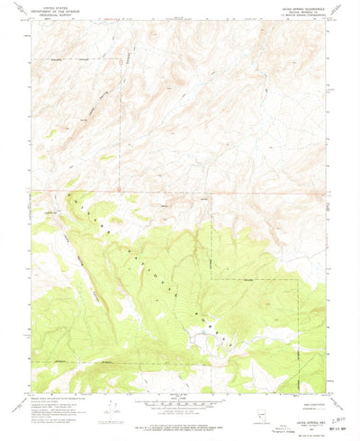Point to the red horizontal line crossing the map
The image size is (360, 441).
(180, 191)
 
